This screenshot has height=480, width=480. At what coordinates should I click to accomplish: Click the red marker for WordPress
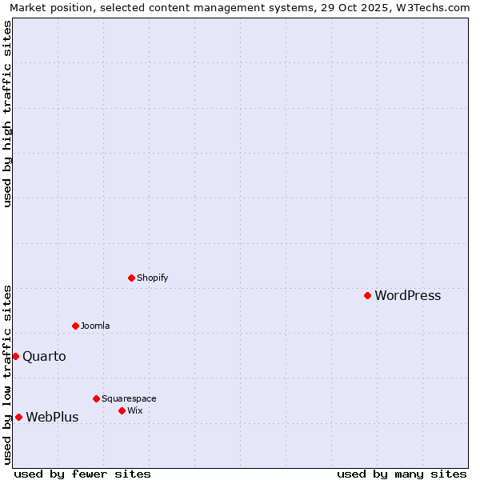point(367,295)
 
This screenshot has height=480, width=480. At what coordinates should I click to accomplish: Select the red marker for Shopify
point(131,278)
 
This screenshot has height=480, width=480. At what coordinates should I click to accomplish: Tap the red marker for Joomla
point(75,326)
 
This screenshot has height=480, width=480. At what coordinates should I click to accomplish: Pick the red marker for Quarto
point(15,356)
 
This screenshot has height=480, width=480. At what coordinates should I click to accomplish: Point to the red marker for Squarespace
point(96,398)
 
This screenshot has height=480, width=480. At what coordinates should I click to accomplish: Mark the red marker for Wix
point(122,410)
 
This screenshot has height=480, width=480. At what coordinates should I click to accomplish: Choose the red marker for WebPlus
point(18,417)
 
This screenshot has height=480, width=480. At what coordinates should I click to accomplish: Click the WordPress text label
point(407,296)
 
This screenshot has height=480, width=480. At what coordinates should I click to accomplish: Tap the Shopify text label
point(152,278)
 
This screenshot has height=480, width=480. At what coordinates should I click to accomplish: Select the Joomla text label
point(95,326)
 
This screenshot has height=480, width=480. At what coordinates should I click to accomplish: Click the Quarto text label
point(44,357)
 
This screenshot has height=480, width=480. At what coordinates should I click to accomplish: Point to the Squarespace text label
point(129,399)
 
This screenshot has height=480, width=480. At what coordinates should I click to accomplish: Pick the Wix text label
point(134,411)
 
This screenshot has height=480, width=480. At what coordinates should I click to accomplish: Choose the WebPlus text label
point(52,418)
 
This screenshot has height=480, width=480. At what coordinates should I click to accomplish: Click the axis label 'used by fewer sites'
point(82,474)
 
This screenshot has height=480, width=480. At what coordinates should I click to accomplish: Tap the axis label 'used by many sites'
point(402,474)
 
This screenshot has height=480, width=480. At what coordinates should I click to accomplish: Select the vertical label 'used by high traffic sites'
point(7,114)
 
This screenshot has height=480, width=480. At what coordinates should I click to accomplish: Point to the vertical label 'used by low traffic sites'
point(7,374)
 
